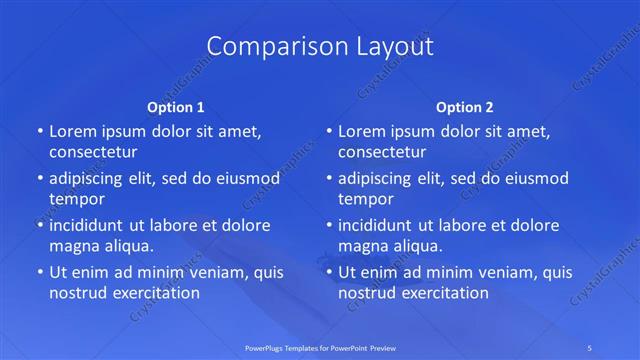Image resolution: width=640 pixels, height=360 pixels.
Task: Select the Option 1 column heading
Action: [176, 106]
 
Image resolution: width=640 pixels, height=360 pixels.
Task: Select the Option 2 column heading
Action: [465, 106]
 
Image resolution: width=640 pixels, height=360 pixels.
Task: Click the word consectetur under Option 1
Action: [93, 152]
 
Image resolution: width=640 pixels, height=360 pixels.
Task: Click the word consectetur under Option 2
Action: [382, 152]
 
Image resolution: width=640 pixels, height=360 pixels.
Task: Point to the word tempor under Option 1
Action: [77, 199]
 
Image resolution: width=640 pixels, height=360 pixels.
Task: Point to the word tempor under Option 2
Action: [366, 199]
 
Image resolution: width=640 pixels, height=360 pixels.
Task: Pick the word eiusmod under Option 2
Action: [535, 178]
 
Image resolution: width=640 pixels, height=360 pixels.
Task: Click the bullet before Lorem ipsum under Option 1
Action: [39, 131]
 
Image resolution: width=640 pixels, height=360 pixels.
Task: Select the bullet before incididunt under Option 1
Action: [39, 225]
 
